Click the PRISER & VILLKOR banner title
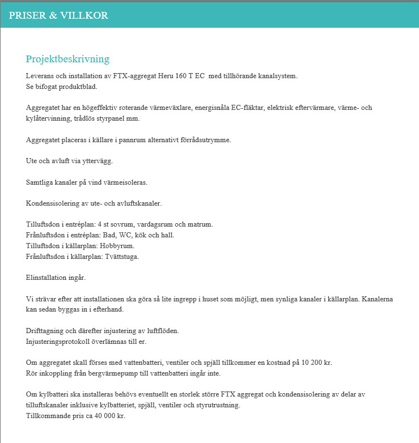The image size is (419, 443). (58, 15)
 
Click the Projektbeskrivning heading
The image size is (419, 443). (67, 59)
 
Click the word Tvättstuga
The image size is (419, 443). (121, 257)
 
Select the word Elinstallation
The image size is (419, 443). (46, 278)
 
